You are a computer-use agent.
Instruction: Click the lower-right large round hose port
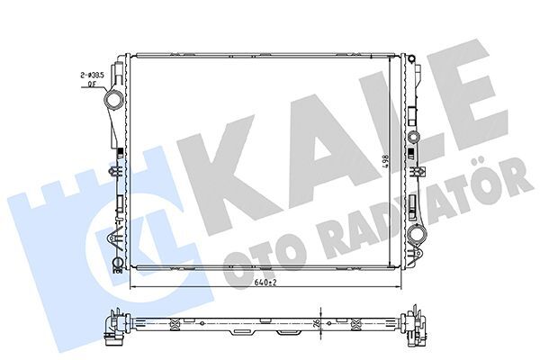pos(417,236)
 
